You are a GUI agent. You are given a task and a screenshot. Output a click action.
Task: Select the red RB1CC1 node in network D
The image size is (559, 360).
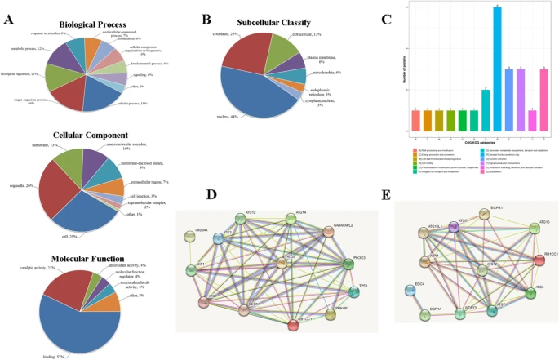pyautogui.click(x=293, y=326)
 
